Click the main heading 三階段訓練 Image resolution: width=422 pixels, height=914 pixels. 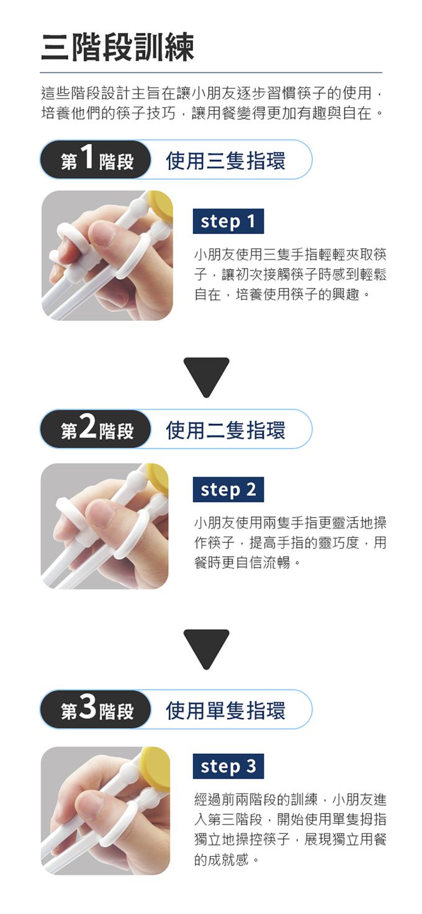coord(117,47)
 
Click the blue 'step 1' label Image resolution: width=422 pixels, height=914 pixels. coord(228,222)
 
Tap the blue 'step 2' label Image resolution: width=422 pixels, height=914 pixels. coord(228,490)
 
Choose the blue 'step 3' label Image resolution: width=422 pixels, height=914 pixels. coord(228,766)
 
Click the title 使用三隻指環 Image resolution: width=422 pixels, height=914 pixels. coord(226,161)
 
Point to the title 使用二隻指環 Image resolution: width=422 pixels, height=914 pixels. coord(226,430)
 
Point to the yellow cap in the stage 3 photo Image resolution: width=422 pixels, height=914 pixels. coord(156,767)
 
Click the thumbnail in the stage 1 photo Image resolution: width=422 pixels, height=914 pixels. coord(102,235)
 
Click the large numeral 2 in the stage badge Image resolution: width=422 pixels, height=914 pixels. coord(88,428)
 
